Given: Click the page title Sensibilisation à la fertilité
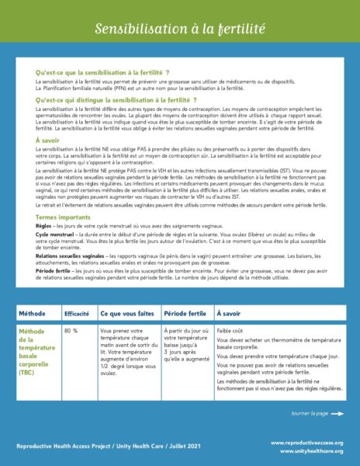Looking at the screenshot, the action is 180,29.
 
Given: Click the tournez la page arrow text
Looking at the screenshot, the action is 313,413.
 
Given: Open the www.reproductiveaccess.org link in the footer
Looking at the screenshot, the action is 314,442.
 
